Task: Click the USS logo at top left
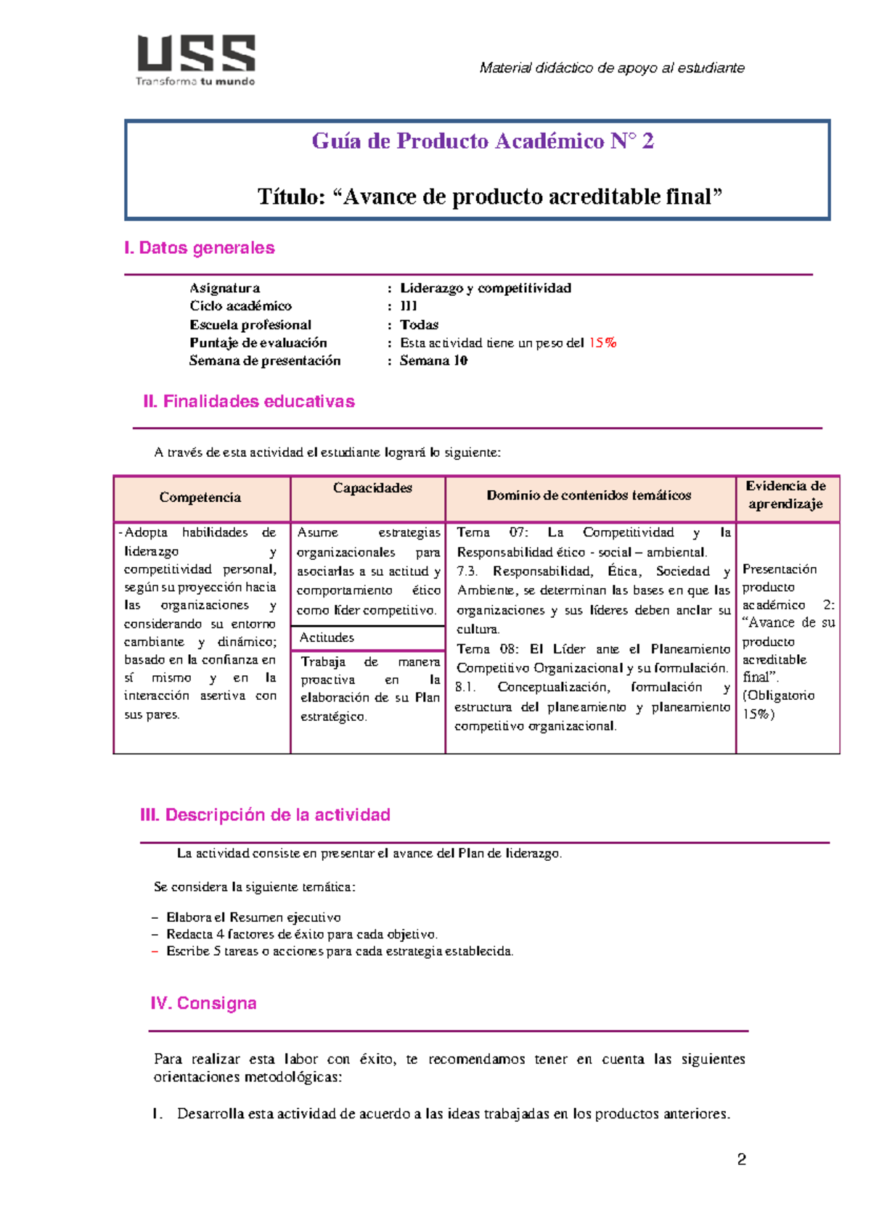point(196,59)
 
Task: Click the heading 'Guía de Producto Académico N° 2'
point(483,141)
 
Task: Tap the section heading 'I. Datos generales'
point(200,248)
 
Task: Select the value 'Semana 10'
point(433,360)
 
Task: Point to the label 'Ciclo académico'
point(240,306)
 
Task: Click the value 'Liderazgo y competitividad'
point(485,288)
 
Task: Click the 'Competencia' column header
point(200,498)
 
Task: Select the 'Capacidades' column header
point(372,488)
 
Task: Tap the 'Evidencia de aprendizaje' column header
point(785,495)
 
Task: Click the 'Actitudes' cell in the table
point(327,637)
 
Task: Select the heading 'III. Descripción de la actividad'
point(265,815)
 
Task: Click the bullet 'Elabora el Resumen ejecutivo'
point(253,917)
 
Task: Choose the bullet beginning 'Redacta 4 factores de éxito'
point(301,934)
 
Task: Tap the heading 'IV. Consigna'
point(203,1004)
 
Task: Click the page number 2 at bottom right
point(741,1160)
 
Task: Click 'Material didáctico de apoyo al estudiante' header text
point(611,68)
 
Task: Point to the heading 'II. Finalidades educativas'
point(248,402)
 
